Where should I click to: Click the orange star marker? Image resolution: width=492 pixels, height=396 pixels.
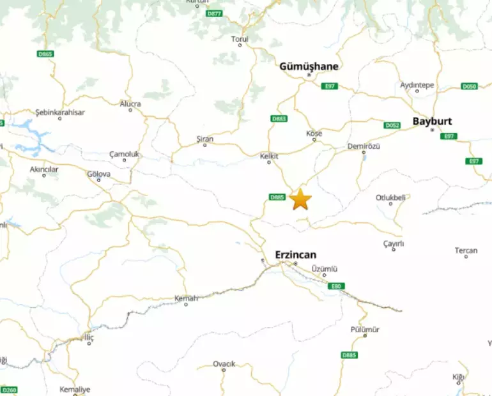click(x=300, y=199)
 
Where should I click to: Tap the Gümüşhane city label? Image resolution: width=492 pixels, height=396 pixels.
click(x=309, y=66)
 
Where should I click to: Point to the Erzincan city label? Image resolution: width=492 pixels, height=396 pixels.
click(x=295, y=254)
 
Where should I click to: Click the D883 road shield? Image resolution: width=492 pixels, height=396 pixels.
click(x=279, y=119)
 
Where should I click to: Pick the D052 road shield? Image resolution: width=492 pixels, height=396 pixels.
click(x=392, y=125)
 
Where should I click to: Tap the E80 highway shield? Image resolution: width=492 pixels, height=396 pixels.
click(x=337, y=286)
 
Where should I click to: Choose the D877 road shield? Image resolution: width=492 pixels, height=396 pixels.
click(x=215, y=13)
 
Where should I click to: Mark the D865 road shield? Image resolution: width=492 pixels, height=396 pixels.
click(x=45, y=54)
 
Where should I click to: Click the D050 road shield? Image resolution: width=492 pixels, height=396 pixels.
click(x=469, y=86)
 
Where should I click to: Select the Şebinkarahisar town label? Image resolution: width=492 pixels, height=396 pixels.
click(x=60, y=112)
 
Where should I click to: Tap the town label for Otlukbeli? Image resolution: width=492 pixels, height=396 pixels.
click(x=390, y=197)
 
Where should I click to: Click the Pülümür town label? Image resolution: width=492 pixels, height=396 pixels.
click(x=365, y=329)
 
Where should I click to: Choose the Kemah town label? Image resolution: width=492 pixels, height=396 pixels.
click(x=187, y=298)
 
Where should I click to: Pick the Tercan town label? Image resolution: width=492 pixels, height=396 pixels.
click(x=466, y=250)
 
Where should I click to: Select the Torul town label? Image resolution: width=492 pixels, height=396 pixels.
click(x=240, y=39)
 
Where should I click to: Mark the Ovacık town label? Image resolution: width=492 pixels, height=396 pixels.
click(x=224, y=363)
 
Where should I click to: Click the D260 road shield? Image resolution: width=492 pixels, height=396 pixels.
click(x=9, y=390)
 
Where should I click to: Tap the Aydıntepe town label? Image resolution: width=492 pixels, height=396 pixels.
click(x=417, y=85)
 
